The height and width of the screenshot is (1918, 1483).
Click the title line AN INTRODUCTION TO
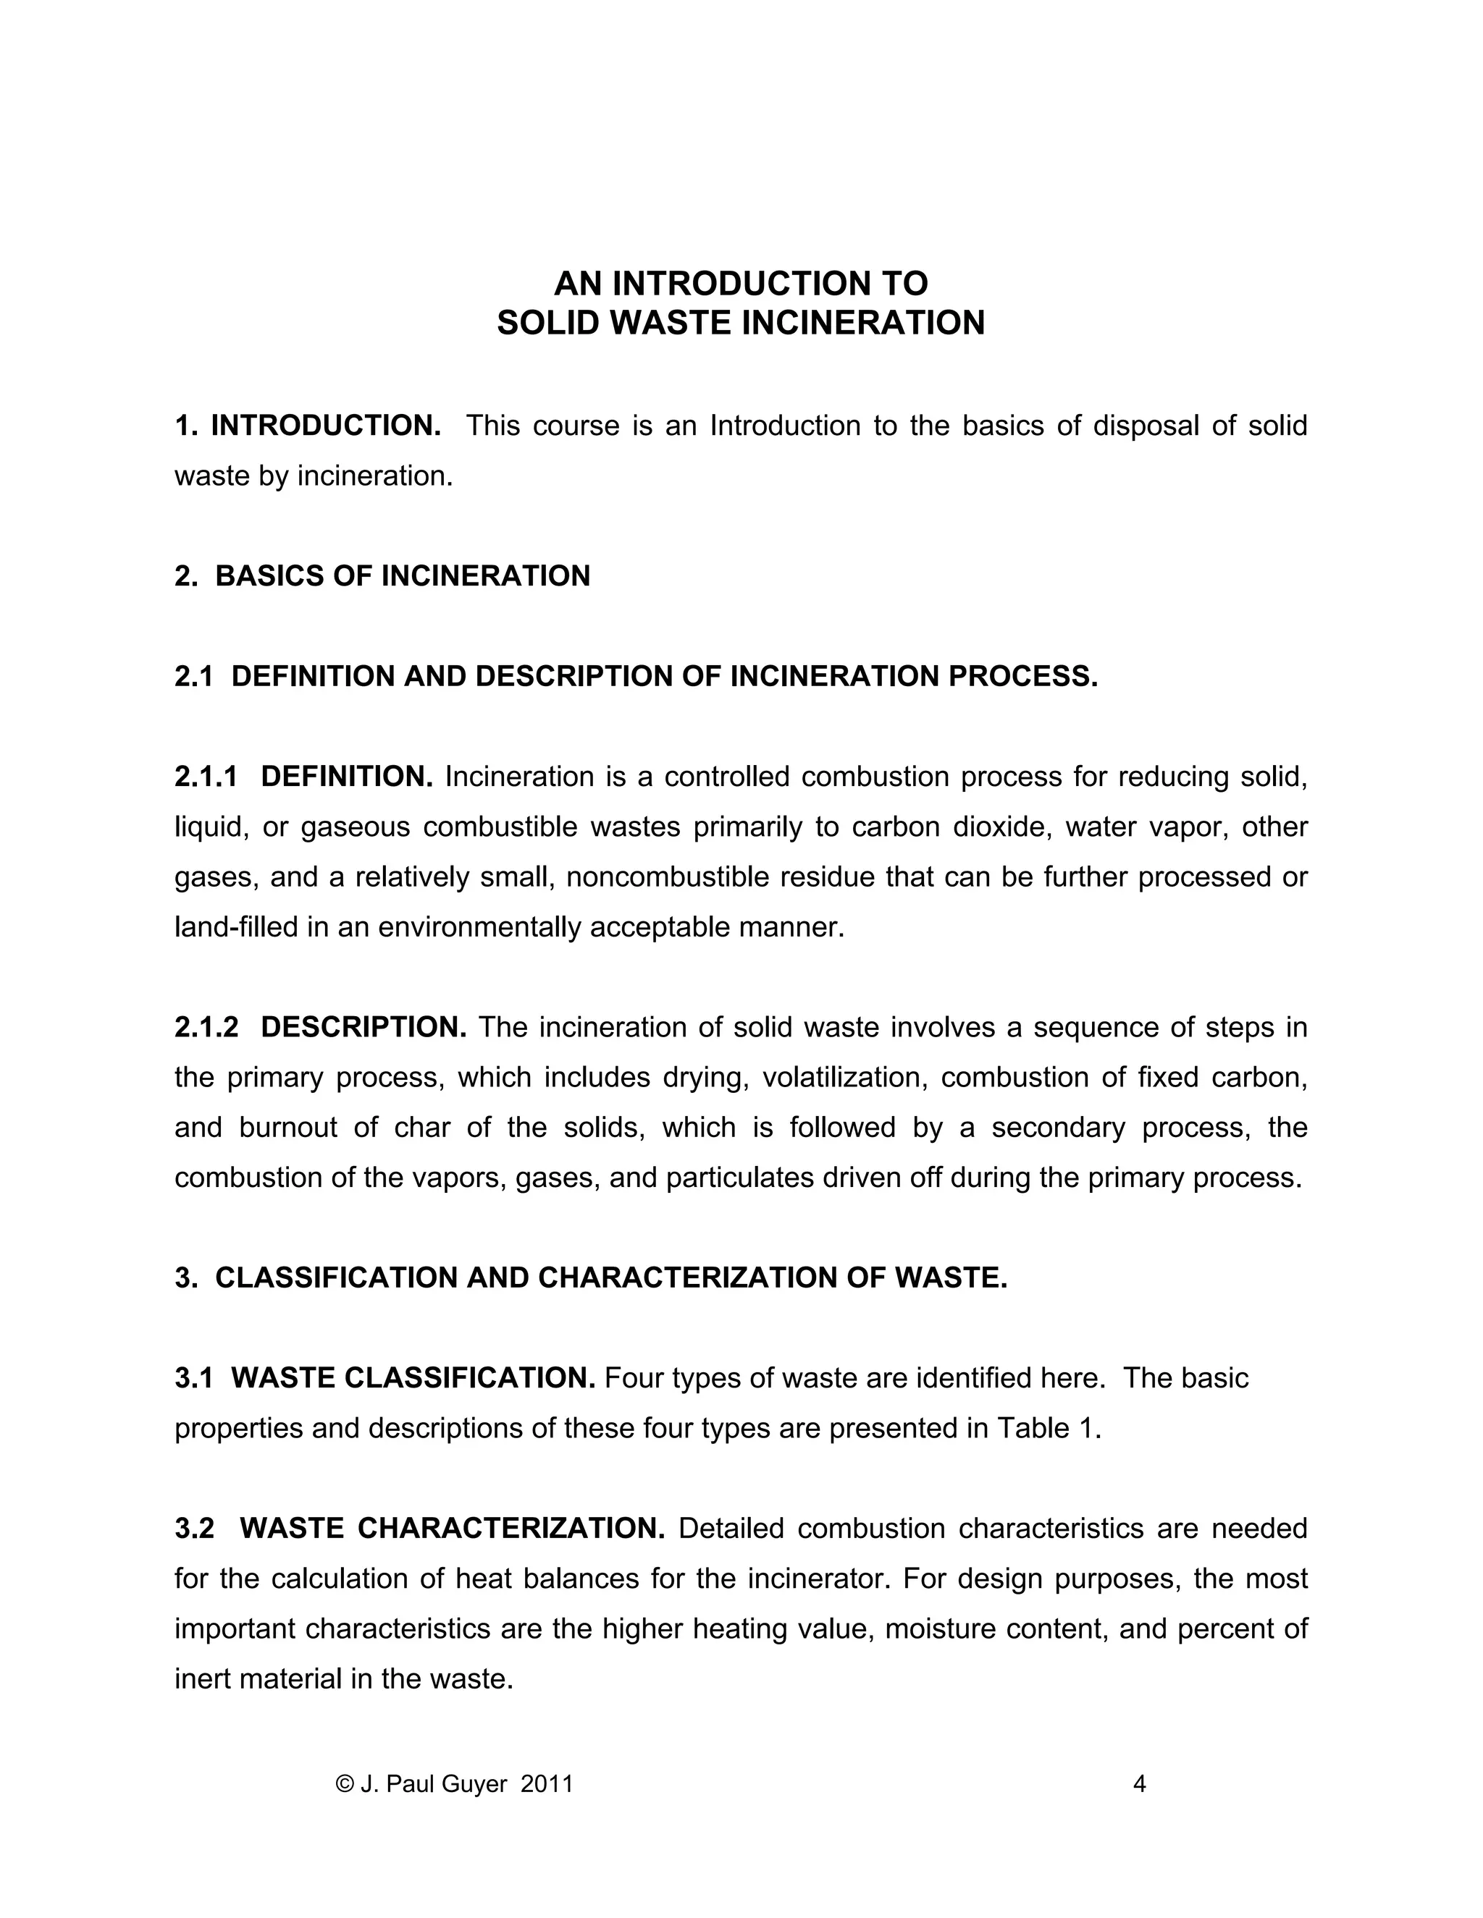tap(741, 284)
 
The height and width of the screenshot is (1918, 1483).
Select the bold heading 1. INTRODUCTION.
tap(308, 426)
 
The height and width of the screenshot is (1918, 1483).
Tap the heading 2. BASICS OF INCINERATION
tap(382, 576)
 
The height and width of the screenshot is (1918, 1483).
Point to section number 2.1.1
tap(206, 777)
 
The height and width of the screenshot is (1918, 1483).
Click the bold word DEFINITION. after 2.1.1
tap(347, 777)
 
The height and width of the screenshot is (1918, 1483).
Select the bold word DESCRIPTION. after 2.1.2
tap(364, 1028)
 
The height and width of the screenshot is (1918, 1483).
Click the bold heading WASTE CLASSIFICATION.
tap(413, 1378)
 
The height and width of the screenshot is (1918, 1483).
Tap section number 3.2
tap(194, 1529)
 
